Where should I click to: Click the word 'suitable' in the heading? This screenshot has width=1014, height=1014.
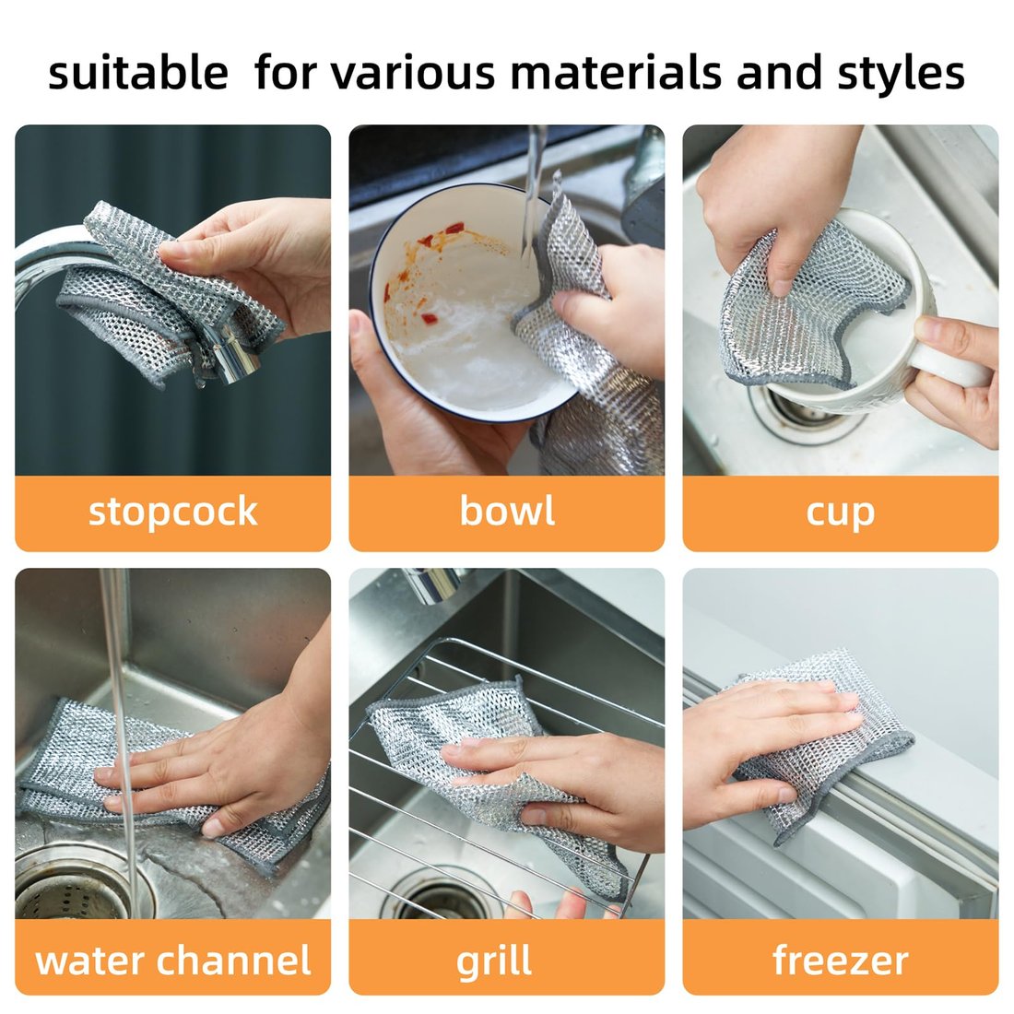(x=137, y=73)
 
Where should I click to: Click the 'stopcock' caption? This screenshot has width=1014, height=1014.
(x=172, y=512)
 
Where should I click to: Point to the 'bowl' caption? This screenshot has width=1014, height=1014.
(x=506, y=512)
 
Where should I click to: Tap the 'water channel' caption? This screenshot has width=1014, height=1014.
(x=172, y=961)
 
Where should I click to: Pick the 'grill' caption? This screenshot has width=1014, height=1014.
(x=494, y=961)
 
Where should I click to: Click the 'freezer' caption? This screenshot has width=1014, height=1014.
(x=840, y=961)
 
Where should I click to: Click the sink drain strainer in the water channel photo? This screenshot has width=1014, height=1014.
(x=69, y=890)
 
